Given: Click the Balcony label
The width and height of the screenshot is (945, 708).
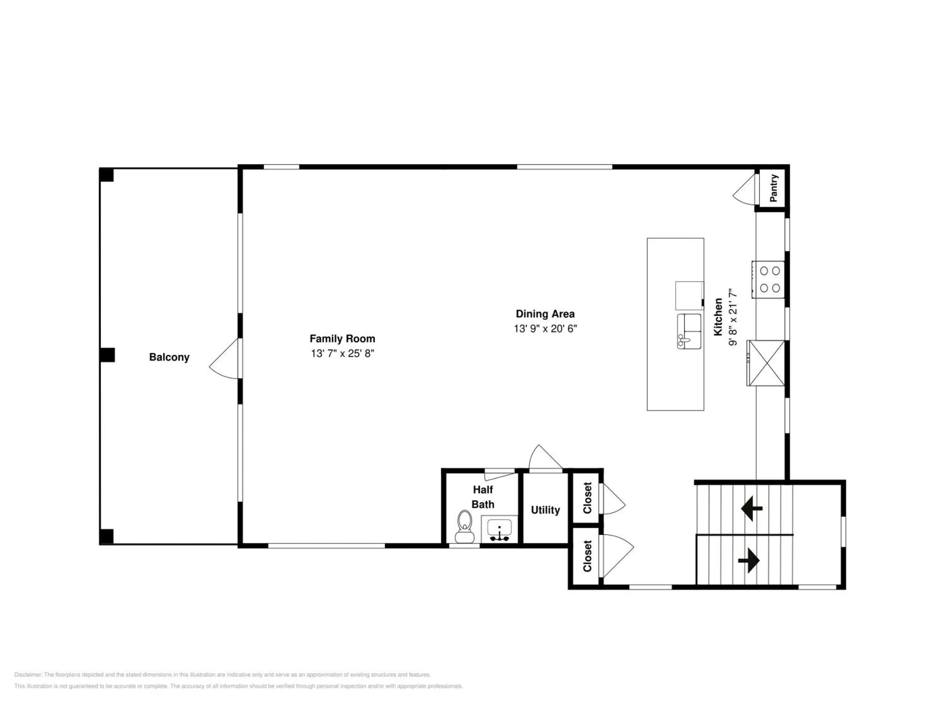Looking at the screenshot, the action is pyautogui.click(x=169, y=357).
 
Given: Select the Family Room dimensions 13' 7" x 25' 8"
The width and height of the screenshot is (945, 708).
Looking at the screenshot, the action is pyautogui.click(x=342, y=353).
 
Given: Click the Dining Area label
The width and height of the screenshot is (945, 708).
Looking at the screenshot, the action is pyautogui.click(x=545, y=314).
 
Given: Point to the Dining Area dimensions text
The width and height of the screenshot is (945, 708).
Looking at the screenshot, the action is pyautogui.click(x=545, y=329).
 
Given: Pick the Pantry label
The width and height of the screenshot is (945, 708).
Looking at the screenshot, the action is pyautogui.click(x=773, y=188).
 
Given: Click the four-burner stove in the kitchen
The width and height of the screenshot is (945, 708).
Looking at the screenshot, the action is pyautogui.click(x=768, y=279).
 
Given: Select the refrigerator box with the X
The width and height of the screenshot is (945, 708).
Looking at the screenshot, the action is pyautogui.click(x=765, y=363).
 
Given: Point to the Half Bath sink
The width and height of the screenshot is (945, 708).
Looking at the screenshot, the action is pyautogui.click(x=499, y=529).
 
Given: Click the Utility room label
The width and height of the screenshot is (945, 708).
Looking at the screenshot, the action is pyautogui.click(x=545, y=510).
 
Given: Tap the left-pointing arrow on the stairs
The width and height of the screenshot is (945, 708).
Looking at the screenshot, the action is pyautogui.click(x=752, y=508).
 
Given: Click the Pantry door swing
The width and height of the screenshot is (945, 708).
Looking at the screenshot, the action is pyautogui.click(x=745, y=188).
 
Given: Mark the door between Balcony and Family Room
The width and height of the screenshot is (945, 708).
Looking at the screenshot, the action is pyautogui.click(x=224, y=358).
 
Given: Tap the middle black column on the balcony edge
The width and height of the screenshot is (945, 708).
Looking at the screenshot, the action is pyautogui.click(x=107, y=355).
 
